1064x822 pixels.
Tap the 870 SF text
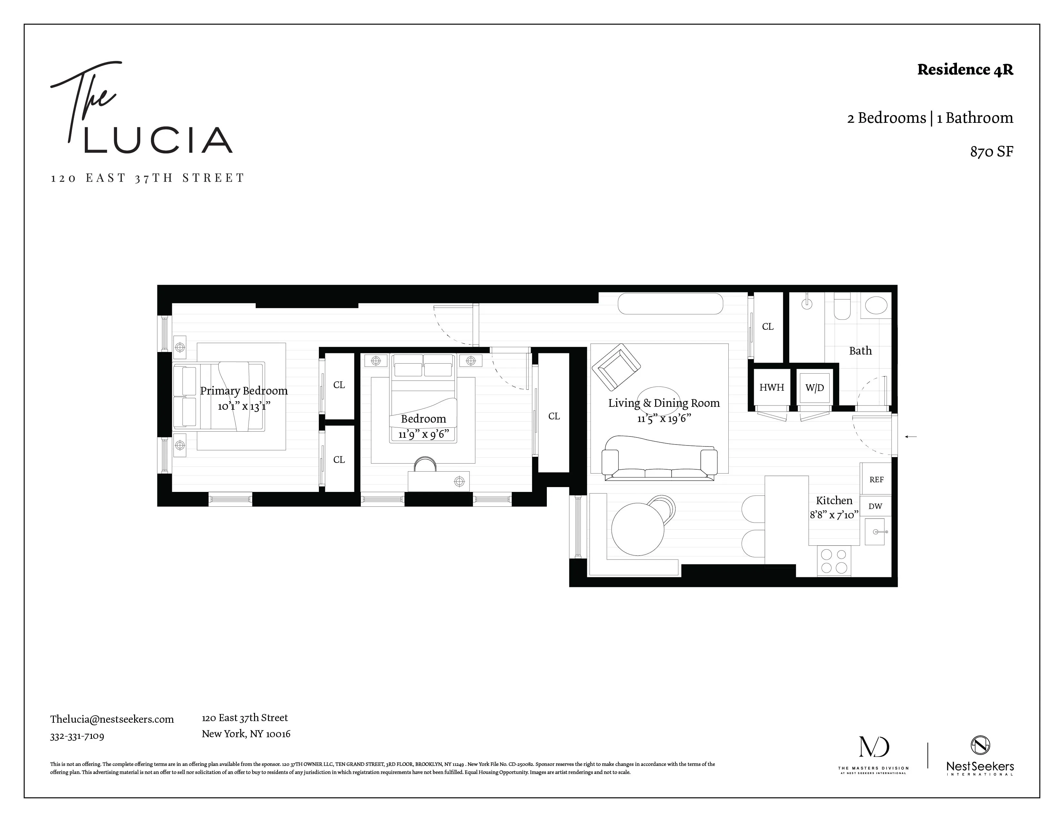coord(991,152)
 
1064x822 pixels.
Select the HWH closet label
coord(772,387)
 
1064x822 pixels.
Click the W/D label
coord(814,387)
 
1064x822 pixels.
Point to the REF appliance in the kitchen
coord(876,480)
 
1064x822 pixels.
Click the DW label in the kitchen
coord(875,506)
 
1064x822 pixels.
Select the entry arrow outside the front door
coord(911,437)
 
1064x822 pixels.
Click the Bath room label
coord(860,351)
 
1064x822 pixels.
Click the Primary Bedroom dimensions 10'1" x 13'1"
coord(243,406)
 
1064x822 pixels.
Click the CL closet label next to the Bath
coord(768,327)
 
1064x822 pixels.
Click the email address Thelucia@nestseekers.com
coord(112,719)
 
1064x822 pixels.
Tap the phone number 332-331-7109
coord(77,736)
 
